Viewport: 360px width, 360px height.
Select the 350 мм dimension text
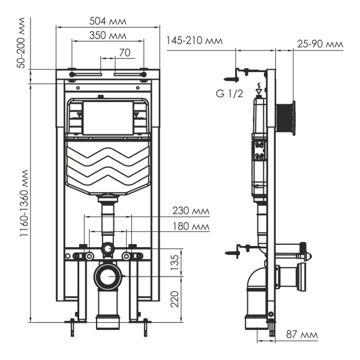107,36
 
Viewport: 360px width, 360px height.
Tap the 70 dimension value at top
124,52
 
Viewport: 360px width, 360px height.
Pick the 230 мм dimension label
191,211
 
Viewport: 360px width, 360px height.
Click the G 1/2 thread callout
229,94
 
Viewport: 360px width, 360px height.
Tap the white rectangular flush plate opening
107,118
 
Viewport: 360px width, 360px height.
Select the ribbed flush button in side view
286,119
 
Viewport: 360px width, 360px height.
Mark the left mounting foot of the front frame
72,324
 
